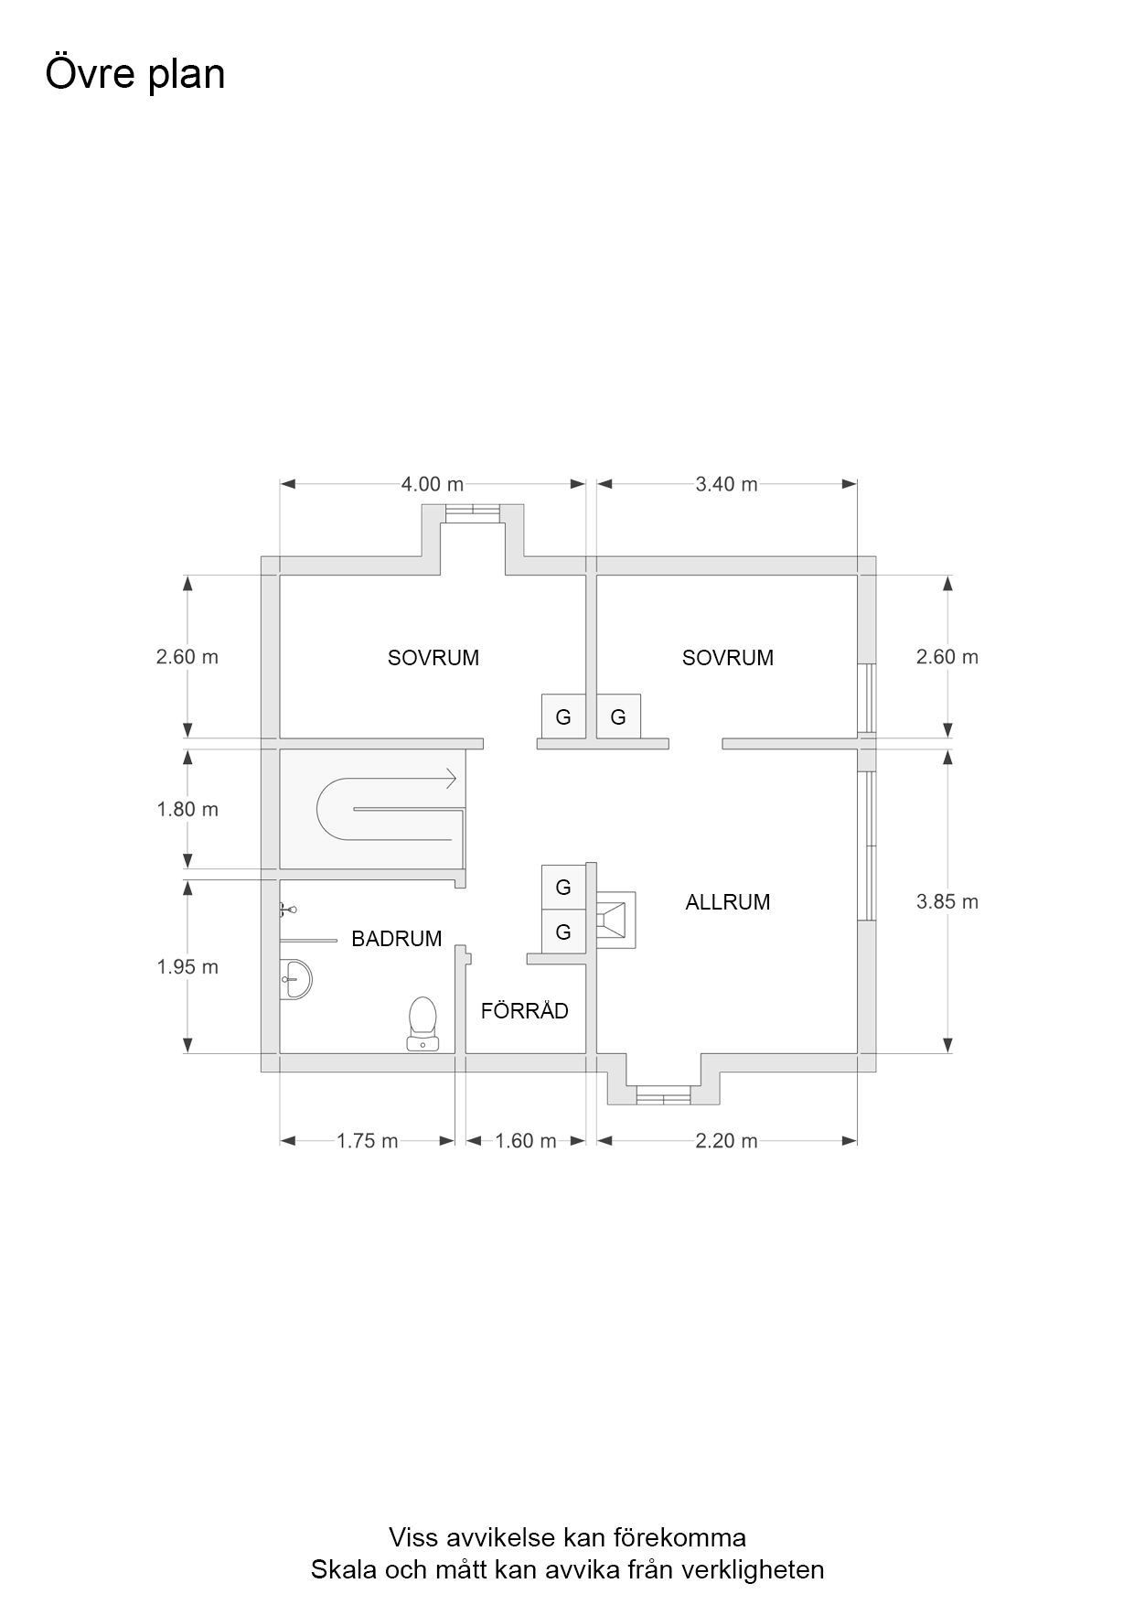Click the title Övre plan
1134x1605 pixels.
[135, 74]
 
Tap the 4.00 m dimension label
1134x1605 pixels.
[433, 484]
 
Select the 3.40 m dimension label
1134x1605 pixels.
[727, 484]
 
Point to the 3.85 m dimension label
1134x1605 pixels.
[947, 901]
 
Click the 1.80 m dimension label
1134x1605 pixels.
[187, 809]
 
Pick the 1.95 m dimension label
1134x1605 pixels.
[187, 966]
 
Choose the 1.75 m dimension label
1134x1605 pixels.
[368, 1141]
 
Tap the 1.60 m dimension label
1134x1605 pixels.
[526, 1141]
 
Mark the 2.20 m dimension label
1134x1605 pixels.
[727, 1141]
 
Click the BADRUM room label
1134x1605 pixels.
[397, 939]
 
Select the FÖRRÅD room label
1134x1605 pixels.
[525, 1010]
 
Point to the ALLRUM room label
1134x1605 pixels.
[728, 902]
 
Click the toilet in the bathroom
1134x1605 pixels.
[423, 1024]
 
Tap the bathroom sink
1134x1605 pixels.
[295, 979]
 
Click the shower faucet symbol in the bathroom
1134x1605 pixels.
[287, 910]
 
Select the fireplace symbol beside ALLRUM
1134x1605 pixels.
[616, 921]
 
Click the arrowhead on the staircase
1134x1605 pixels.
[450, 779]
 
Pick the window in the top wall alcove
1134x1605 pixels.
[473, 512]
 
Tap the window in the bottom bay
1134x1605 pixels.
[663, 1095]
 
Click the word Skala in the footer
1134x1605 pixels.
[344, 1569]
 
